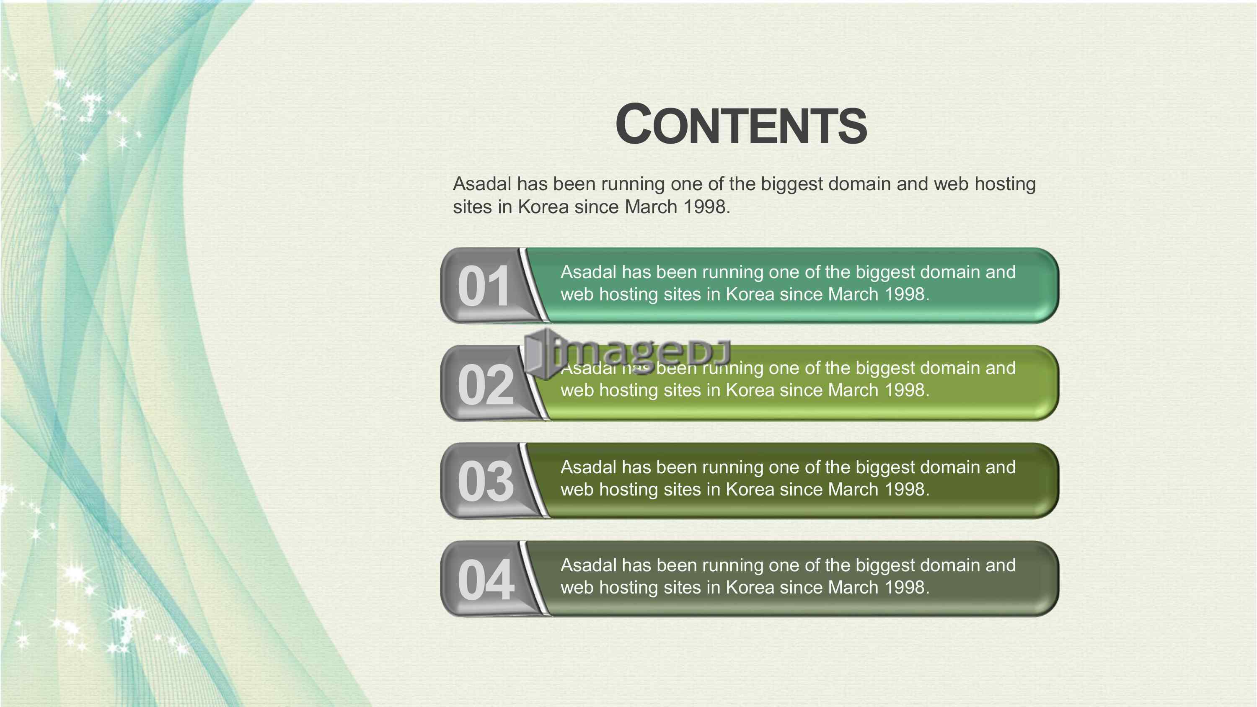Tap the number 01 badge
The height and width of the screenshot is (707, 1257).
tap(484, 286)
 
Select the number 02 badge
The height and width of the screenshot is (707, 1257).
tap(485, 384)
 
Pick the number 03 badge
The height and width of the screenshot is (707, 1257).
tap(485, 482)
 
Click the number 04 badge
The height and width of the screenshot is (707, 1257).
tap(485, 580)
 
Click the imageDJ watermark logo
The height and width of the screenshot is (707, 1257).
tap(628, 353)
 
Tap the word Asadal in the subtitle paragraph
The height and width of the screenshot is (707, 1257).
tap(482, 184)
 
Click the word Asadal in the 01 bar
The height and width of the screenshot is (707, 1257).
tap(589, 272)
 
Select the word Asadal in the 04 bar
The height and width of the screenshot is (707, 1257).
tap(589, 565)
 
